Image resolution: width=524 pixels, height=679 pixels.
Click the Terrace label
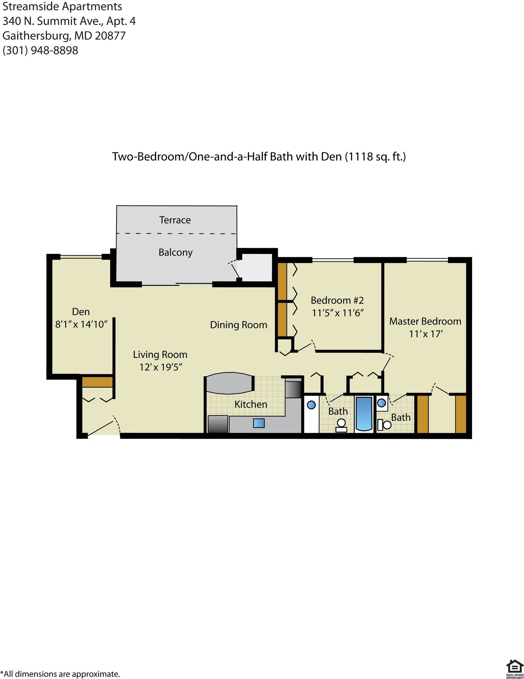tap(175, 220)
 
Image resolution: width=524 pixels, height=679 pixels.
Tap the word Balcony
tap(175, 252)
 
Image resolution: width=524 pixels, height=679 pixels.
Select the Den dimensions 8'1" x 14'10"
tap(81, 324)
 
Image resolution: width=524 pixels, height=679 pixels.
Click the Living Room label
tap(160, 354)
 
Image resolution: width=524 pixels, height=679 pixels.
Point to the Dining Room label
tap(238, 325)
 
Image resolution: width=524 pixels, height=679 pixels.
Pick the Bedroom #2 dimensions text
tap(338, 313)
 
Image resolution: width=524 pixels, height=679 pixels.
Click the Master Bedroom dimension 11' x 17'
tap(425, 334)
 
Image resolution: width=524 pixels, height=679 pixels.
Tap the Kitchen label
tap(251, 404)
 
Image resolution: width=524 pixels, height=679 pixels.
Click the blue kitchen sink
tap(259, 423)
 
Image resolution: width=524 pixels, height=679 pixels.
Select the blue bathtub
tap(364, 413)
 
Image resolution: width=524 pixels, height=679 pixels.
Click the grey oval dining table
tap(230, 383)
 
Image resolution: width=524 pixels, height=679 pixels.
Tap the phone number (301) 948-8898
tap(40, 50)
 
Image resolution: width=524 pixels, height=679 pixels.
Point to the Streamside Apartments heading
tap(62, 6)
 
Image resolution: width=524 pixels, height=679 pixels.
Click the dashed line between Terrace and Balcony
tap(177, 233)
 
